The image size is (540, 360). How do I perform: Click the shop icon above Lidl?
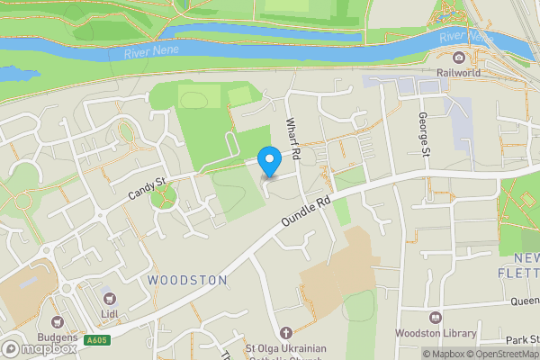pyautogui.click(x=110, y=296)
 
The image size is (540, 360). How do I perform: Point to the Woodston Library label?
pyautogui.click(x=436, y=334)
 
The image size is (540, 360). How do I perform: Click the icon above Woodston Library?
pyautogui.click(x=436, y=318)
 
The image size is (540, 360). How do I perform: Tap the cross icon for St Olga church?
pyautogui.click(x=286, y=332)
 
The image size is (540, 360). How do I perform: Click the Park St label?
pyautogui.click(x=520, y=340)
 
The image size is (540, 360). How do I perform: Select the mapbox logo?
pyautogui.click(x=38, y=348)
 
